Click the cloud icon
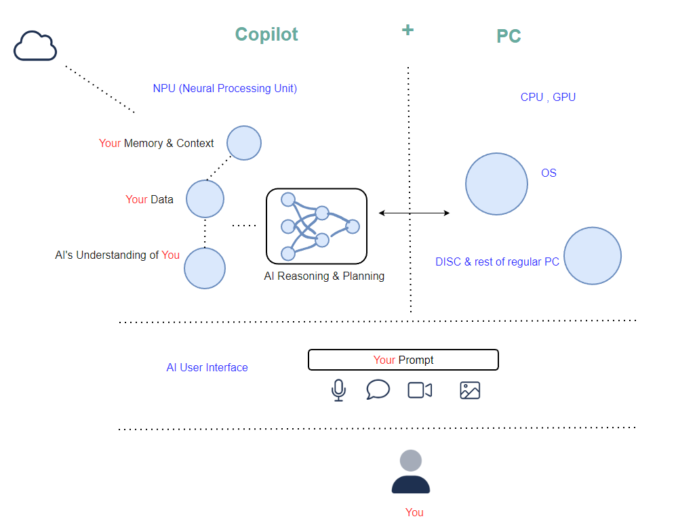(x=35, y=46)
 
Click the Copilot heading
(x=266, y=35)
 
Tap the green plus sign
(x=407, y=30)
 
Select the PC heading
(x=509, y=37)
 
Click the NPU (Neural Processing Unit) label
(x=224, y=89)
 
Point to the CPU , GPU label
(x=548, y=98)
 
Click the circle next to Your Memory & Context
(x=244, y=143)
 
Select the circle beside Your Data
(x=205, y=199)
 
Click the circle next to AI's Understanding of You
(x=205, y=268)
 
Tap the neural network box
(x=317, y=226)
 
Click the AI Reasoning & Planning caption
(x=324, y=276)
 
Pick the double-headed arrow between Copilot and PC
(x=414, y=213)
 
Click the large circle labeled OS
(x=496, y=184)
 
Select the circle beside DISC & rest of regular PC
(x=593, y=255)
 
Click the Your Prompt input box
(x=403, y=360)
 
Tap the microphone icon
(x=338, y=390)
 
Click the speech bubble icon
(x=378, y=390)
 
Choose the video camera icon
(x=420, y=390)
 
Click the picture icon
(x=470, y=390)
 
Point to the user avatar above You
(x=411, y=472)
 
